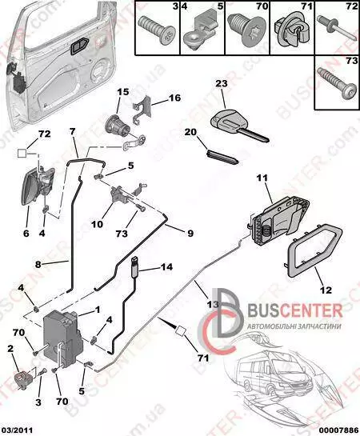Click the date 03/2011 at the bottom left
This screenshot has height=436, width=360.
pyautogui.click(x=17, y=430)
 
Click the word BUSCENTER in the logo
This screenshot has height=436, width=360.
pyautogui.click(x=294, y=311)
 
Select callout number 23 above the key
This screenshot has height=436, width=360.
pyautogui.click(x=222, y=83)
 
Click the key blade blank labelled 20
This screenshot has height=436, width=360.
pyautogui.click(x=222, y=157)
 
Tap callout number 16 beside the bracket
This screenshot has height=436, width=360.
pyautogui.click(x=174, y=98)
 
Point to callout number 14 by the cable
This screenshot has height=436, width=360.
pyautogui.click(x=166, y=267)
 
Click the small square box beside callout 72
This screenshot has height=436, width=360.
pyautogui.click(x=22, y=153)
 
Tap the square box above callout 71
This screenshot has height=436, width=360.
pyautogui.click(x=181, y=330)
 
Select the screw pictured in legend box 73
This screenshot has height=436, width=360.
pyautogui.click(x=337, y=84)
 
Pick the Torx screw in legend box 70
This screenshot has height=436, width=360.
pyautogui.click(x=247, y=30)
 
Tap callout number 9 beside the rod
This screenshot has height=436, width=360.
pyautogui.click(x=190, y=233)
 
